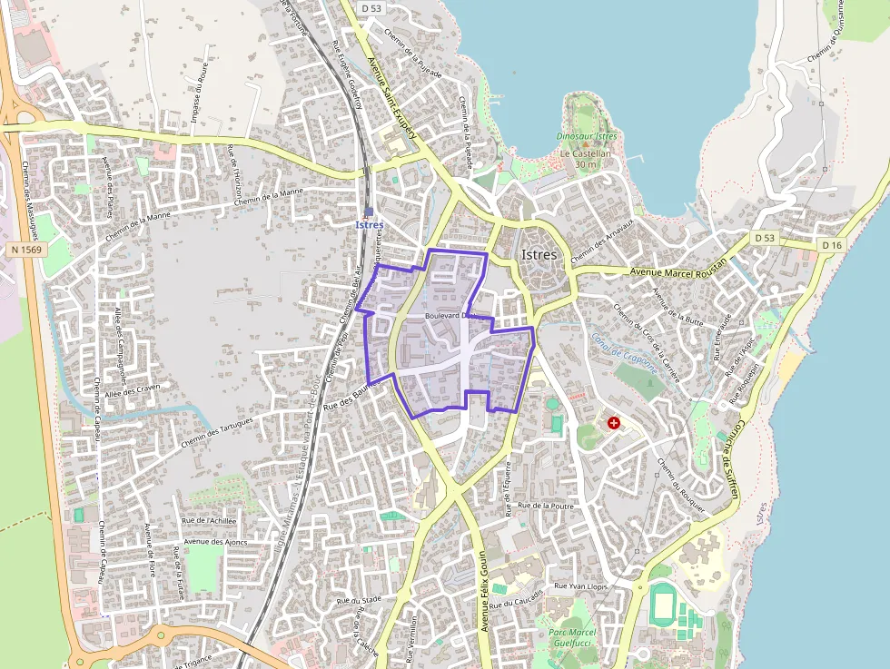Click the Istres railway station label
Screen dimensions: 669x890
click(x=370, y=224)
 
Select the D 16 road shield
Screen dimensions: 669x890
click(x=832, y=245)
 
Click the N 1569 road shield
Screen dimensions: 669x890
click(x=28, y=249)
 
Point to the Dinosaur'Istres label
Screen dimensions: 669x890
click(x=587, y=137)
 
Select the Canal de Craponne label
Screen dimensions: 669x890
click(x=624, y=353)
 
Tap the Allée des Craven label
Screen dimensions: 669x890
click(x=133, y=389)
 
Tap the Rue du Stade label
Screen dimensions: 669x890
click(x=358, y=600)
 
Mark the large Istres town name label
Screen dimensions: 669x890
click(x=539, y=255)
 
